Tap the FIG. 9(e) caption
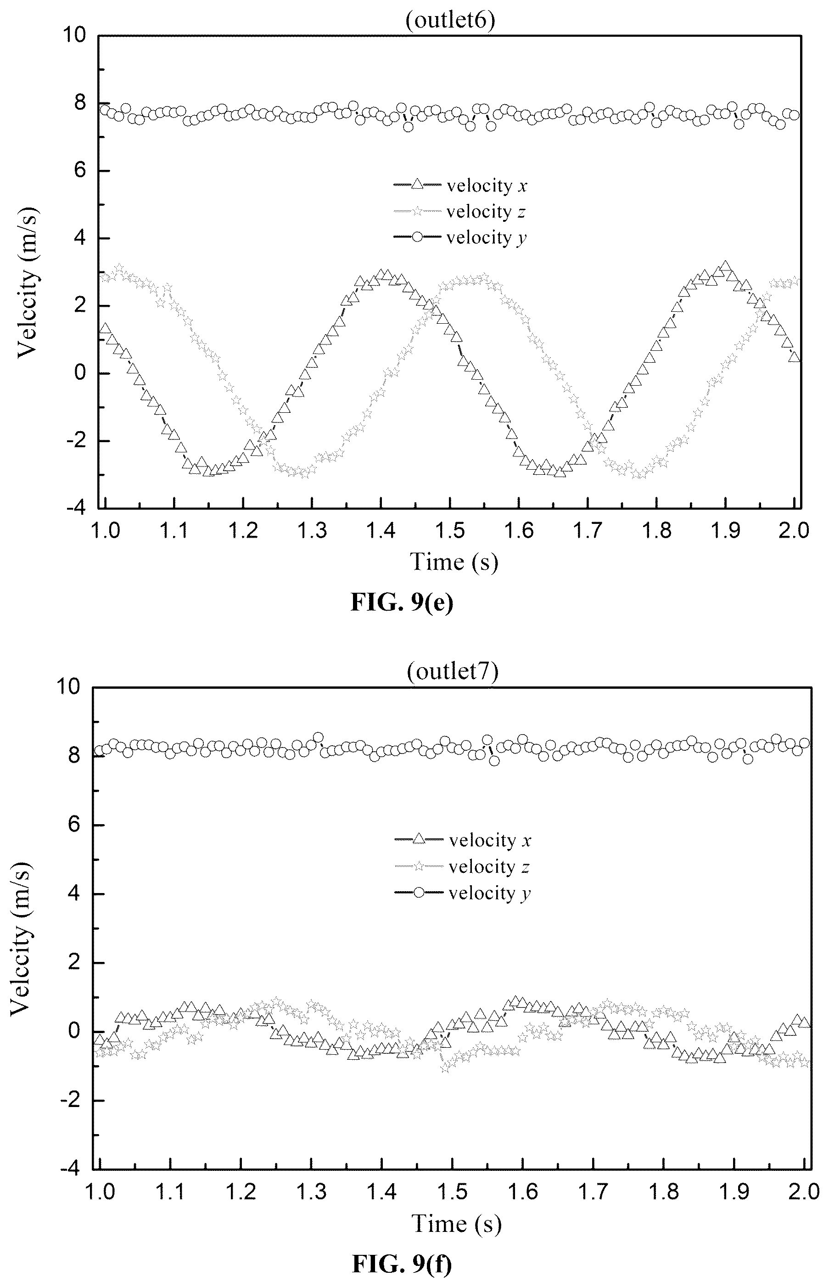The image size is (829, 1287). [x=402, y=602]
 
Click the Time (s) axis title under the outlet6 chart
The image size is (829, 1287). [x=454, y=562]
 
